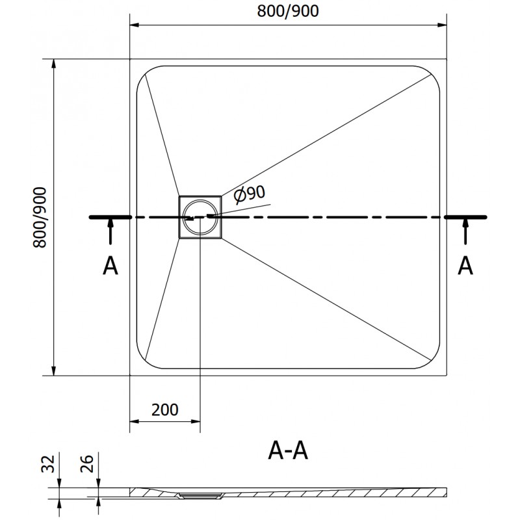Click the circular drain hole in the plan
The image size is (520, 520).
pyautogui.click(x=200, y=217)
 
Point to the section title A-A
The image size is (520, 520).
pyautogui.click(x=287, y=449)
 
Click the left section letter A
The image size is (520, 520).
pyautogui.click(x=110, y=265)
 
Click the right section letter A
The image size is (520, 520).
pyautogui.click(x=465, y=265)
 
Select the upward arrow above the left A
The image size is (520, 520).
pyautogui.click(x=110, y=231)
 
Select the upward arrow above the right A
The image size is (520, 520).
pyautogui.click(x=465, y=231)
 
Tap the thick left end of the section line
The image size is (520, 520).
pyautogui.click(x=110, y=217)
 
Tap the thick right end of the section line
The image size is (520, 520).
pyautogui.click(x=465, y=217)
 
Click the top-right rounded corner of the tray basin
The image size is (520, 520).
pyautogui.click(x=433, y=73)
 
